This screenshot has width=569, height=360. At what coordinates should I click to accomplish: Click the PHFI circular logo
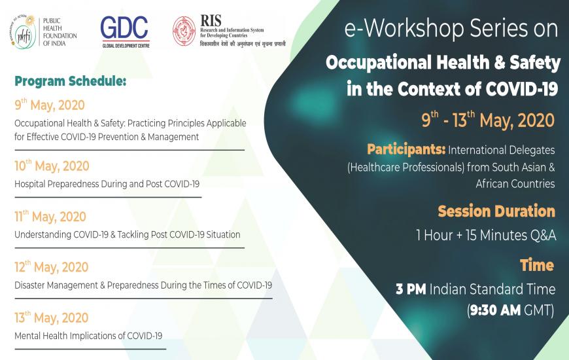click(24, 32)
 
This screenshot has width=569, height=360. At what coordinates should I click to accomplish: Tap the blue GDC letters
click(124, 27)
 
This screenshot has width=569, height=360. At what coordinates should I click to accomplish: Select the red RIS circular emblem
click(184, 31)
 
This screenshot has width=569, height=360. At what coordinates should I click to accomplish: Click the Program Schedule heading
click(71, 81)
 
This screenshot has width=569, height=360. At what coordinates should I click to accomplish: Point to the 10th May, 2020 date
click(52, 166)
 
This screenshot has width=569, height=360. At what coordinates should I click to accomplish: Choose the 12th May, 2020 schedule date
click(52, 266)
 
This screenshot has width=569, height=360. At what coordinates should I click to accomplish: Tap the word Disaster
click(29, 285)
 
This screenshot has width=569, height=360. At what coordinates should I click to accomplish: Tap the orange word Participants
click(406, 149)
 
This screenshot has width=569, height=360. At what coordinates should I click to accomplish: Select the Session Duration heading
click(496, 211)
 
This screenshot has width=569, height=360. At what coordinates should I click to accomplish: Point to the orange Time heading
click(537, 265)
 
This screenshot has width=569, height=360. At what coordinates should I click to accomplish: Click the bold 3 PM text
click(411, 289)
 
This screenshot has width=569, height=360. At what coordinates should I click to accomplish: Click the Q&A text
click(542, 236)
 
